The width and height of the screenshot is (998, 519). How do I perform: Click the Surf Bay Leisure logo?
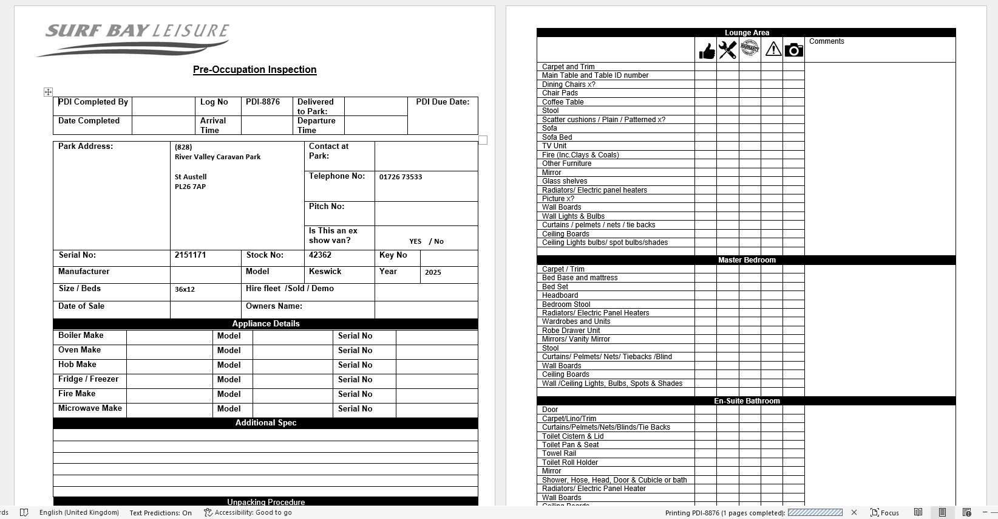134,39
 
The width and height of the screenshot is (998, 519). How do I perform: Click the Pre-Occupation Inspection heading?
254,70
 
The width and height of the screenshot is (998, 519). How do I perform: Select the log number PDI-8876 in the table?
262,102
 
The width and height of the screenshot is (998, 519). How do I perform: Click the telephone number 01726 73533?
400,177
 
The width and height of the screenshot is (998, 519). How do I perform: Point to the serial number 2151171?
190,255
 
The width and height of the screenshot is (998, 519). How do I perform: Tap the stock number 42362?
320,255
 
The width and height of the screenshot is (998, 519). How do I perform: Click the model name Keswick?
325,272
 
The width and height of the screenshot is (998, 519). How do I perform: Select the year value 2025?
433,272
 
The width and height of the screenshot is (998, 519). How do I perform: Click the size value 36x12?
185,289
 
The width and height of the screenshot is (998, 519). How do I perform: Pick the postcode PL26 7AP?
190,187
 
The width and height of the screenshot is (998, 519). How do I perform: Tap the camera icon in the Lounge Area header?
793,50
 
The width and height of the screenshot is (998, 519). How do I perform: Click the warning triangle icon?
773,49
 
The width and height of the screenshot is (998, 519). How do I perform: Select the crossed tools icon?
727,50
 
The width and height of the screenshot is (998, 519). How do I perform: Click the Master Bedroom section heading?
746,260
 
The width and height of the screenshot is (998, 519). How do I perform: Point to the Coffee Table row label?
562,102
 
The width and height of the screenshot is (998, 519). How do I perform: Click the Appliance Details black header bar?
265,324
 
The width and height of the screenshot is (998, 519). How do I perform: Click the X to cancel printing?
854,512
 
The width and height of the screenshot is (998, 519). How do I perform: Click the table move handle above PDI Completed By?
48,92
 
